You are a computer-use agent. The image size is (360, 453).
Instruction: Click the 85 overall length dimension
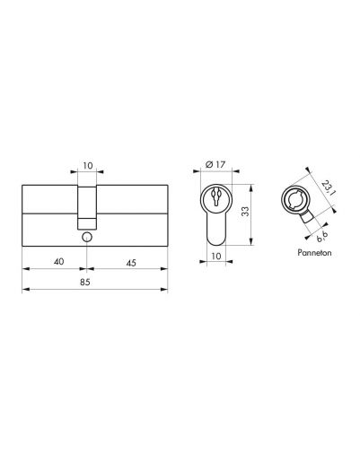(x=85, y=282)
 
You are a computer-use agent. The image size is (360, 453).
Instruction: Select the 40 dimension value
(x=58, y=261)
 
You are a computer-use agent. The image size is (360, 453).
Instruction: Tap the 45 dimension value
(x=131, y=263)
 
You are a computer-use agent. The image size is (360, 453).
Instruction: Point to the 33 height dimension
(x=245, y=212)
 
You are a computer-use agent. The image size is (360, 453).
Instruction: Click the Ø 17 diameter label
(x=215, y=164)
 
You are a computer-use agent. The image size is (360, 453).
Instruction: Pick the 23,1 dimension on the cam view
(x=328, y=187)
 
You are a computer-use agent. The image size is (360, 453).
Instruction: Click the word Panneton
(x=314, y=253)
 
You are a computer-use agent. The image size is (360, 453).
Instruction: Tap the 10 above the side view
(x=88, y=165)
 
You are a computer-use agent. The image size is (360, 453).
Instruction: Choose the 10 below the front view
(x=216, y=256)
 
